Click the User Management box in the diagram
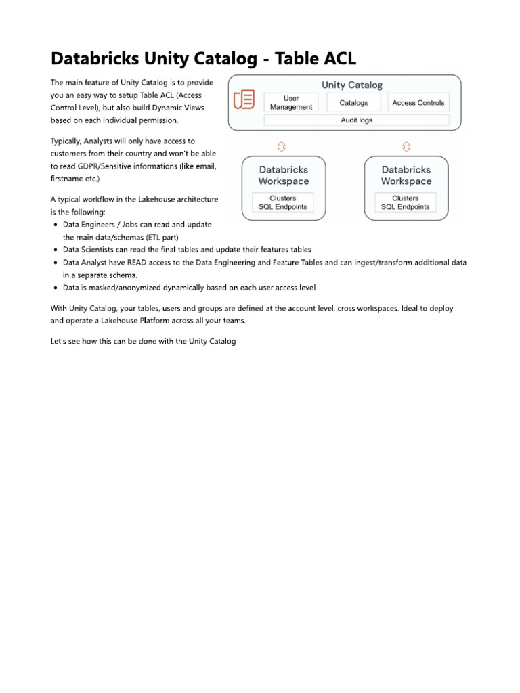click(x=291, y=103)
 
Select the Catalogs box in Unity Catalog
click(x=353, y=103)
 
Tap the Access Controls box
click(x=418, y=103)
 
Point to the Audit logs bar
click(x=356, y=120)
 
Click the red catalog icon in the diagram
click(x=244, y=99)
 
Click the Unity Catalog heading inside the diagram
click(x=352, y=85)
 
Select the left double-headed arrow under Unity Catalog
click(x=282, y=146)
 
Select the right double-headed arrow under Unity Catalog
click(x=406, y=146)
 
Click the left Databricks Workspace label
click(x=284, y=175)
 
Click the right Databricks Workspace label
click(x=406, y=175)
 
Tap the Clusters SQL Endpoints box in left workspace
click(x=283, y=202)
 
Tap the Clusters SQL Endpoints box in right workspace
click(x=406, y=202)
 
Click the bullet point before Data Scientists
click(x=55, y=250)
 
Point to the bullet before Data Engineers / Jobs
click(x=55, y=225)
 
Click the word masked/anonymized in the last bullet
click(x=127, y=288)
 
